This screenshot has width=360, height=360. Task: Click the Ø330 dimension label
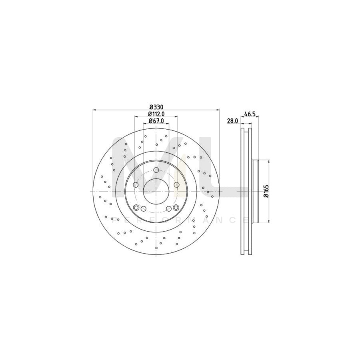tap(156, 107)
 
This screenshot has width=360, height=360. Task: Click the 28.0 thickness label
tap(232, 120)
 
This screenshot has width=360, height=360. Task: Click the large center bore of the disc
tap(156, 192)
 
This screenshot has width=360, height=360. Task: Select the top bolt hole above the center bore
tap(156, 170)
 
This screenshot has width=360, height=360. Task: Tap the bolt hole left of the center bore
tap(136, 185)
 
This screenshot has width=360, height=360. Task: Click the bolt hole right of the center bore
tap(176, 185)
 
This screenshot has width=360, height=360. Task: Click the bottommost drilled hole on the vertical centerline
tap(156, 248)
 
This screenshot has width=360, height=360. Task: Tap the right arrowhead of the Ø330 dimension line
tap(218, 110)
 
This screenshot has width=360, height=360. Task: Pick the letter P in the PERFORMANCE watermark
tap(115, 220)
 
